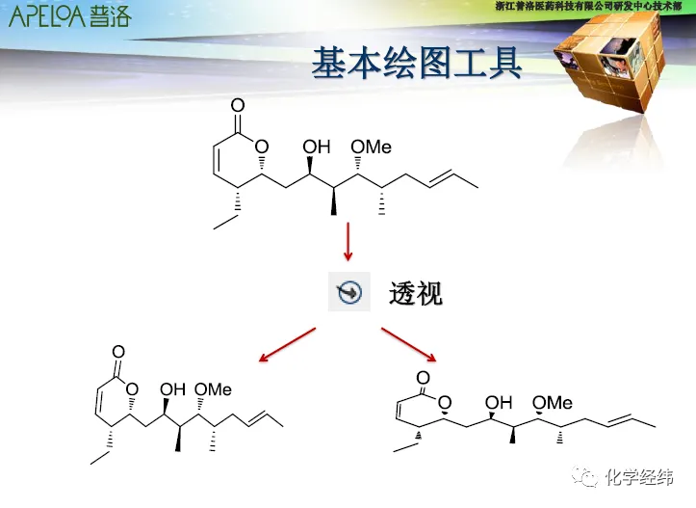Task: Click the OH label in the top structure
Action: coord(317,147)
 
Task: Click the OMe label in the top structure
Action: coord(371,147)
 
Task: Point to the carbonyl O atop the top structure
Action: coord(238,104)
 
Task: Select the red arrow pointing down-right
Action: coord(409,345)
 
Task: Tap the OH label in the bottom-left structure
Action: coord(172,389)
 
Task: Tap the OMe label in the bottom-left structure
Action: coord(213,389)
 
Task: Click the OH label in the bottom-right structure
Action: coord(499,402)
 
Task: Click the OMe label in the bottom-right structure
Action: coord(553,402)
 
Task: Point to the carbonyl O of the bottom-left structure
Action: coord(118,352)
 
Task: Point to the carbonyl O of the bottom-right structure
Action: coord(421,378)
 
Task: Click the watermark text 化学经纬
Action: coord(639,477)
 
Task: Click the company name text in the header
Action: coord(593,7)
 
